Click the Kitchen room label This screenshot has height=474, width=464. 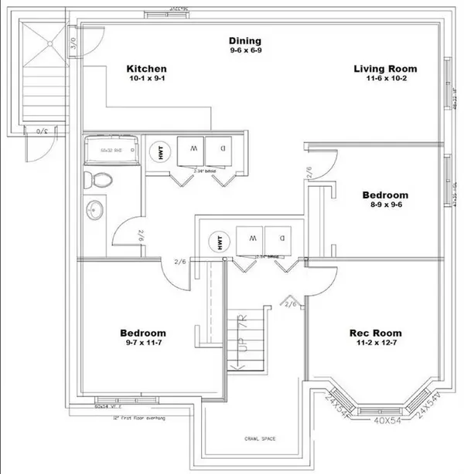tap(147, 69)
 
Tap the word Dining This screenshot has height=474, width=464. tap(244, 41)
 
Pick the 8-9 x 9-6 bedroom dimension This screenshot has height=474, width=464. tap(385, 206)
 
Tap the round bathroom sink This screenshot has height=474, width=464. tap(97, 209)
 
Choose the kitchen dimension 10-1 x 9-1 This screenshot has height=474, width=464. tap(147, 80)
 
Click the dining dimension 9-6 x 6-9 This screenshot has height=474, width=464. tap(244, 51)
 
